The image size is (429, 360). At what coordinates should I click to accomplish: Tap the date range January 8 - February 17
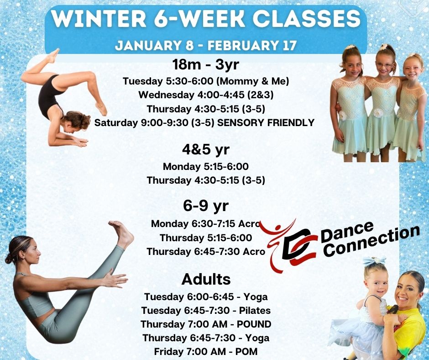pyautogui.click(x=206, y=46)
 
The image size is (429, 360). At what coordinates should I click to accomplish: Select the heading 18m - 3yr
pyautogui.click(x=205, y=64)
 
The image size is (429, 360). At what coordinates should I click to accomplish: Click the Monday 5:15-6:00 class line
pyautogui.click(x=205, y=166)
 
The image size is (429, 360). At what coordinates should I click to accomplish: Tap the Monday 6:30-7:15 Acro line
pyautogui.click(x=205, y=224)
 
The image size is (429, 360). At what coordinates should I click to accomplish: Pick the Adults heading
pyautogui.click(x=206, y=279)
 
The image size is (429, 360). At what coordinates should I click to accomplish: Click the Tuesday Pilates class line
pyautogui.click(x=206, y=311)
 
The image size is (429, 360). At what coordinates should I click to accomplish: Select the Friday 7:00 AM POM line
pyautogui.click(x=206, y=352)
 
